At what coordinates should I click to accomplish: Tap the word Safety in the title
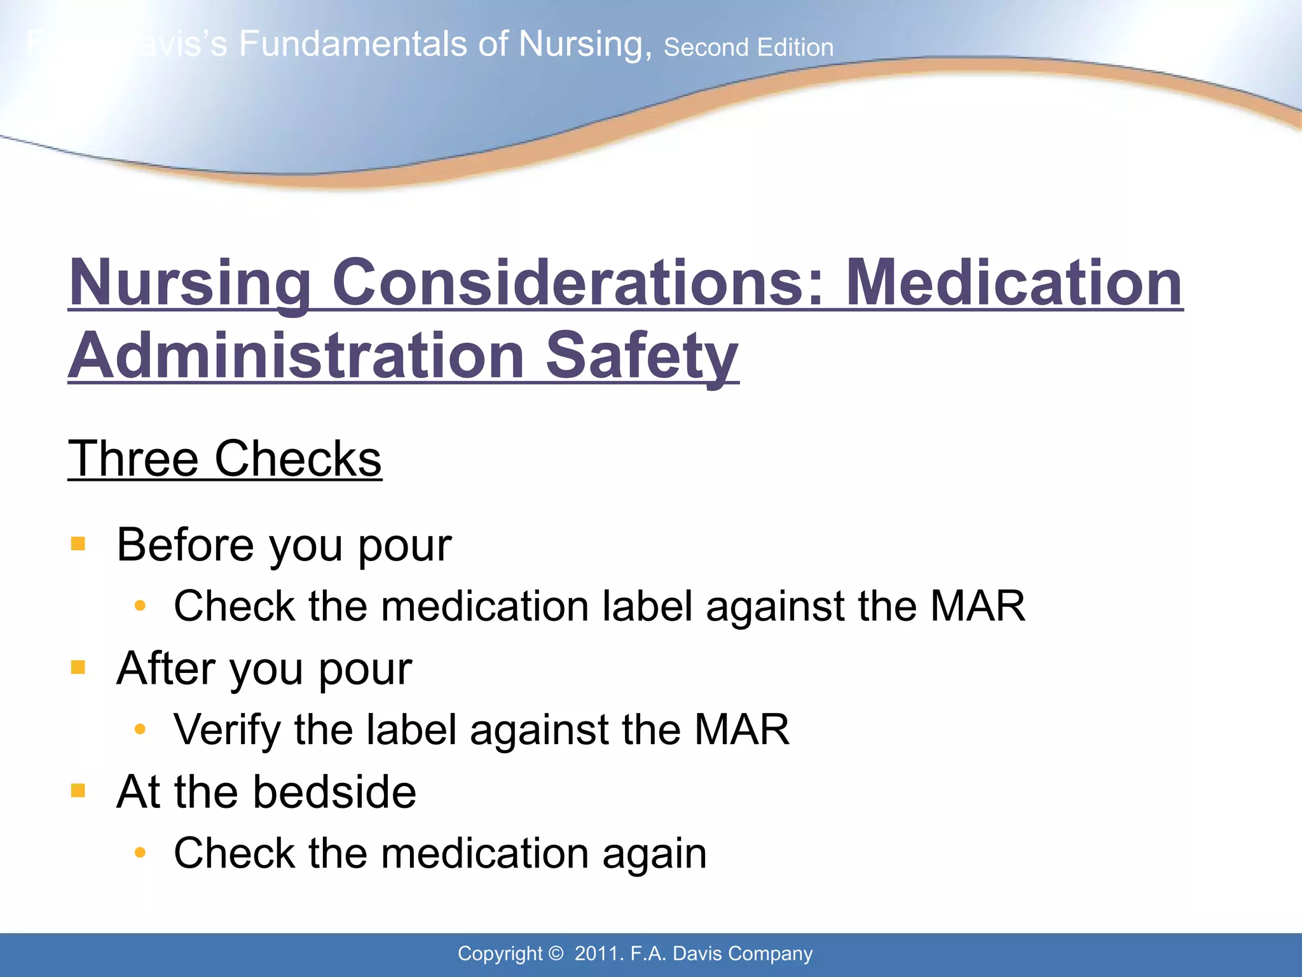click(x=642, y=356)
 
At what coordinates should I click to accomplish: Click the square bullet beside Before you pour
click(x=78, y=544)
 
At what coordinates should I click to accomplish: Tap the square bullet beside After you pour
click(x=78, y=667)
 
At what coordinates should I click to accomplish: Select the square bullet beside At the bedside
click(x=78, y=791)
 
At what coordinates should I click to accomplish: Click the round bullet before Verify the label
click(x=140, y=729)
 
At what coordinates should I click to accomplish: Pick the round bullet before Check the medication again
click(x=140, y=852)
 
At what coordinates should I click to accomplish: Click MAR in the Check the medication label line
click(x=977, y=606)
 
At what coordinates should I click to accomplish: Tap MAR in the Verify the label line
click(x=741, y=729)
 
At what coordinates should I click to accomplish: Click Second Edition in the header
click(x=748, y=48)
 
